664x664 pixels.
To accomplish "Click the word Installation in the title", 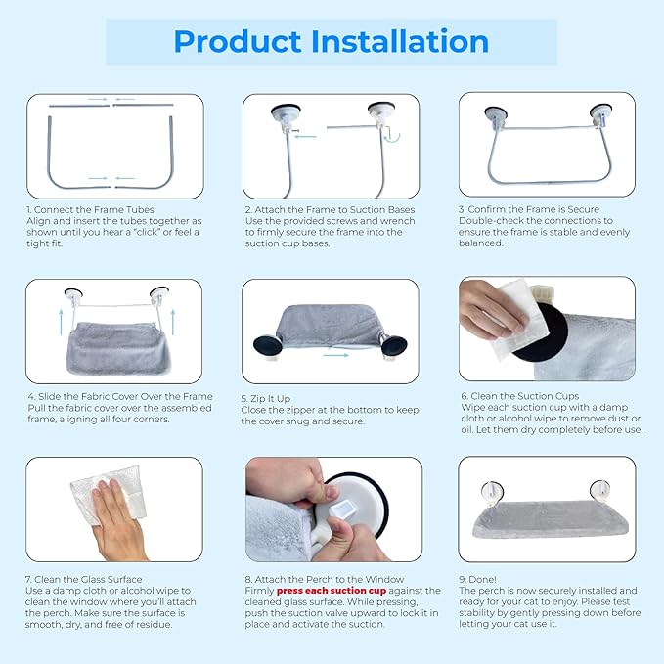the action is tap(400, 41).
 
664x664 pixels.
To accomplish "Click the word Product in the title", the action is tap(238, 42).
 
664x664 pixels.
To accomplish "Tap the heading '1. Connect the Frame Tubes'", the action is tap(90, 209).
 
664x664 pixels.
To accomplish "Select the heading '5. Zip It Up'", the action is tap(266, 398).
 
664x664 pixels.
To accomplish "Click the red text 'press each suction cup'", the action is tap(332, 591).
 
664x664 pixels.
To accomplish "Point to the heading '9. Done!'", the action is tap(477, 579).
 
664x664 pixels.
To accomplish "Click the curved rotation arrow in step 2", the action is tap(392, 136).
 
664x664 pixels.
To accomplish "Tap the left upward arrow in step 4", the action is tap(61, 322).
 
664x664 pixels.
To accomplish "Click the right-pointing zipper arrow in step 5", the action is tap(335, 355).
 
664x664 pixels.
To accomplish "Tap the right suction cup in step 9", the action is tap(600, 491).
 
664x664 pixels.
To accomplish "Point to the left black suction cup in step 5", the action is tap(268, 345).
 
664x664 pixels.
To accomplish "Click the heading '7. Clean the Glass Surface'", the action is tap(83, 579).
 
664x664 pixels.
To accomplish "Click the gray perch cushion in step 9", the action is tap(550, 519).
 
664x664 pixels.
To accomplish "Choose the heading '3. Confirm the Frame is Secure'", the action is tap(529, 209).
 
